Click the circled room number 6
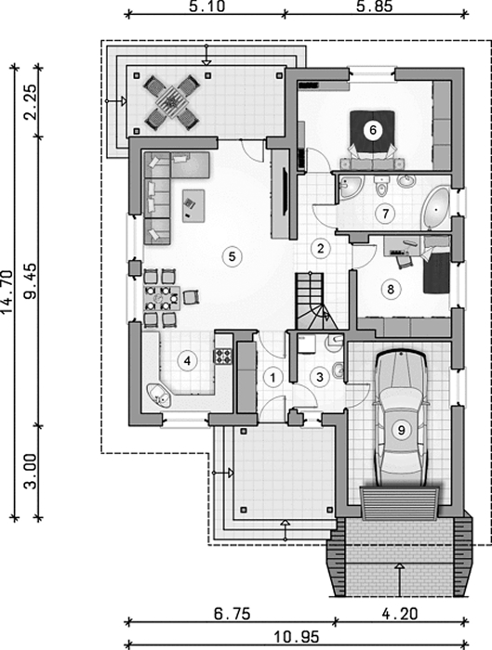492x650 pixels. coord(372,130)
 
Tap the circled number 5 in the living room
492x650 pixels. coord(232,256)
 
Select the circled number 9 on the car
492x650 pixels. coord(401,430)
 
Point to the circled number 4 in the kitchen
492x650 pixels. coord(187,361)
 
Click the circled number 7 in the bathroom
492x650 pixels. coord(386,214)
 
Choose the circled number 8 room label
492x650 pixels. coord(391,289)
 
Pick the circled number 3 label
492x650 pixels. coord(320,377)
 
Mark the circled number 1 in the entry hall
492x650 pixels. coord(273,378)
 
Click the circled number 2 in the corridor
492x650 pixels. coord(320,248)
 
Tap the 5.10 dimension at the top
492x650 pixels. coord(207,7)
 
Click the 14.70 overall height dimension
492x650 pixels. coord(8,292)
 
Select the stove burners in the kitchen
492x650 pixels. coord(223,356)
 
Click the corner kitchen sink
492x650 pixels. coord(159,395)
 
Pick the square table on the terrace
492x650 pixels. coord(170,100)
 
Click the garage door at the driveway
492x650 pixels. coord(400,503)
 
